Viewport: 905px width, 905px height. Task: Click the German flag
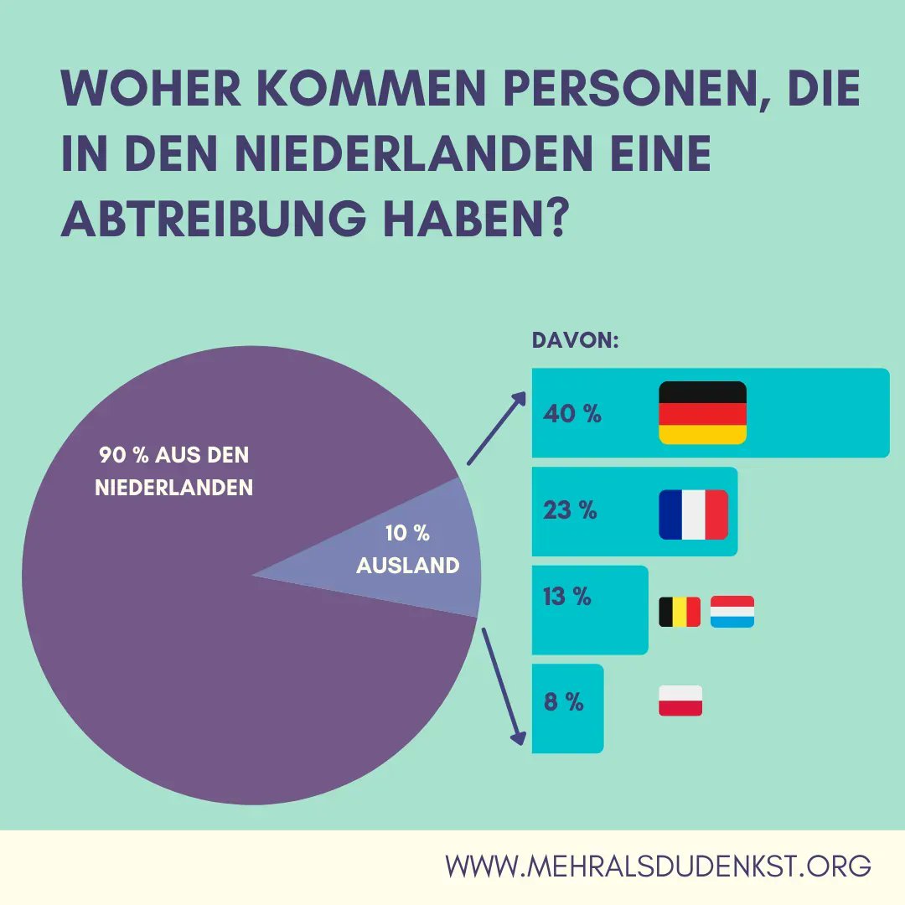pos(702,412)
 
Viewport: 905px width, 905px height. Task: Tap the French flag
pos(693,515)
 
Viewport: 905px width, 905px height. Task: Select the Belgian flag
pos(680,612)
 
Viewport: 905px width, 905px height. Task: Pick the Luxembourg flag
pos(732,612)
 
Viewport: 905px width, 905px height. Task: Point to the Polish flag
pos(680,701)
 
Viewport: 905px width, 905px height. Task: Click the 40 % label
pos(572,414)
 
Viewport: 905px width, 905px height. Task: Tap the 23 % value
pos(570,510)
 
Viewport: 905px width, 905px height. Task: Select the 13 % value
pos(566,597)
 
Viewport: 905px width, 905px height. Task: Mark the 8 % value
pos(563,702)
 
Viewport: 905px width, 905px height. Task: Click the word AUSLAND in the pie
pos(408,566)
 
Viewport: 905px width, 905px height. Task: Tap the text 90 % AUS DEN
pos(174,456)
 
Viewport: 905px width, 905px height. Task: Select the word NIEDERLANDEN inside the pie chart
pos(174,487)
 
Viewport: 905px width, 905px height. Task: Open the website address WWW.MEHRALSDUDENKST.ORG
pos(658,866)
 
